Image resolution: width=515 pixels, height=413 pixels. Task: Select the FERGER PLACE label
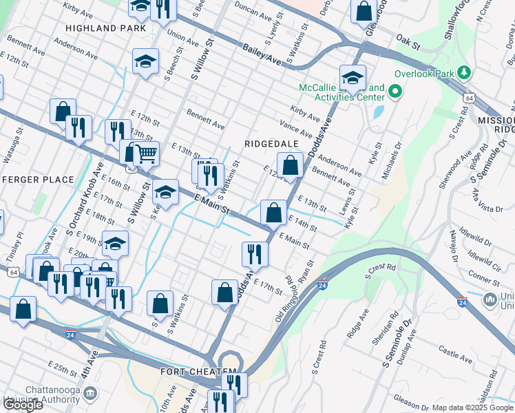(38, 180)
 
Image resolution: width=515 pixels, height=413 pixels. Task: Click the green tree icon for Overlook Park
(465, 73)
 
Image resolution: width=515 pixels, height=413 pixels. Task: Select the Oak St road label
(408, 43)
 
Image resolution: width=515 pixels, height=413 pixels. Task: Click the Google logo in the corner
(23, 404)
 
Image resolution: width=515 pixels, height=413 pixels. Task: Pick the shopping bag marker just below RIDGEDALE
(291, 165)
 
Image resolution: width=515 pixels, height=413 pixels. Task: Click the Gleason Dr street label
(411, 399)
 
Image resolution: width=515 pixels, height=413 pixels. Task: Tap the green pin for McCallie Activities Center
(395, 92)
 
